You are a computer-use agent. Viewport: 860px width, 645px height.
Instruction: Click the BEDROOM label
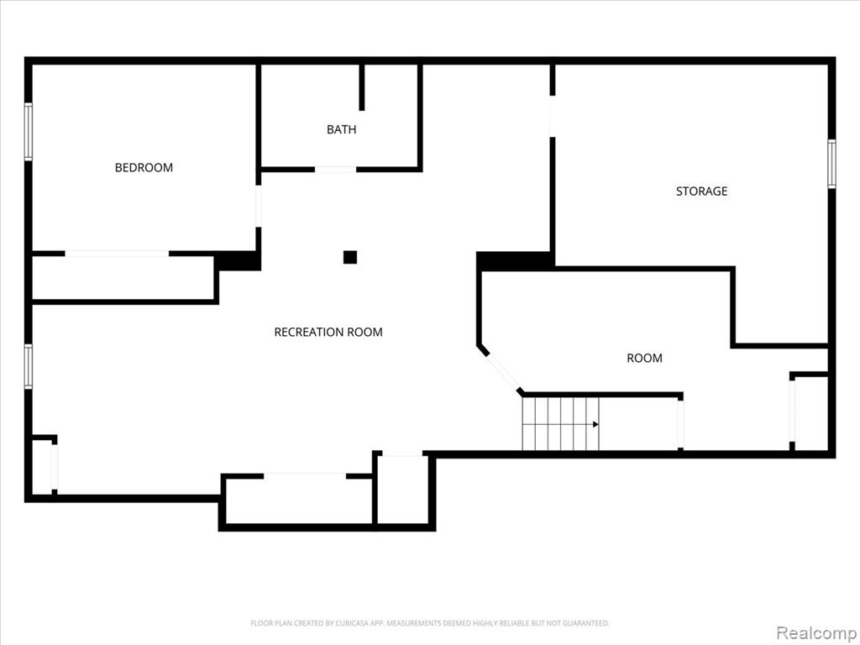pos(144,167)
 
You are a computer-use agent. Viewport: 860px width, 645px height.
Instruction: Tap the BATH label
pos(341,129)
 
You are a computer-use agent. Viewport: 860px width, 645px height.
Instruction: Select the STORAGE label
pos(701,191)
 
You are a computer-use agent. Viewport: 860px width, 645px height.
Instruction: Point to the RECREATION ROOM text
pos(328,332)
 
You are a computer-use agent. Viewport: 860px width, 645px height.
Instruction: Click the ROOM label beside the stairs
pos(644,358)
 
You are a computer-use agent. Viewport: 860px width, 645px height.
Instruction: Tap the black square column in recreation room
pos(350,257)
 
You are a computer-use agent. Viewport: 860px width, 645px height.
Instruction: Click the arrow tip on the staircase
pos(597,424)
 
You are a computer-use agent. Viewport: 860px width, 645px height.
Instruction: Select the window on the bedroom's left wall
pos(28,132)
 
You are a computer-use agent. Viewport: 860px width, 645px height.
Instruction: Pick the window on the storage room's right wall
pos(831,164)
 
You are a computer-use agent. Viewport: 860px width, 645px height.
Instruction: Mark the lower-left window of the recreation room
pos(28,366)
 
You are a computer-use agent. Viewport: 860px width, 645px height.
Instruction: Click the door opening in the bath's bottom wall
pos(335,170)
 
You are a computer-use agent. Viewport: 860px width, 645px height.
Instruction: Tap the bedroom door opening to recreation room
pos(259,207)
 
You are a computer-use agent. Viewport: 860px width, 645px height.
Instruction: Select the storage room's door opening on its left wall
pos(553,116)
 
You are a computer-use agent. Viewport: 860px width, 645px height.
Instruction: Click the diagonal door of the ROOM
pos(502,371)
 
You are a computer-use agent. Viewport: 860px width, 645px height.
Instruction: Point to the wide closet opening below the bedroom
pos(117,254)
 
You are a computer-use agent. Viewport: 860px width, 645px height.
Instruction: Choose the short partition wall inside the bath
pos(361,87)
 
